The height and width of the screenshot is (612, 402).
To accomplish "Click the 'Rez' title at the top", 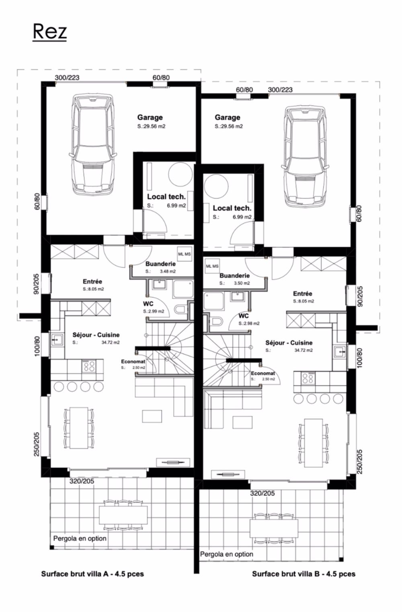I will tap(49, 31).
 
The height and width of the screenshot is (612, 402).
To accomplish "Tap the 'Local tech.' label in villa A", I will tap(166, 197).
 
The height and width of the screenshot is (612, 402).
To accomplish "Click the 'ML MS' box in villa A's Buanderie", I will tap(184, 254).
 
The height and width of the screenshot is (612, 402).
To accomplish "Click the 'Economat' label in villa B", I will tap(263, 373).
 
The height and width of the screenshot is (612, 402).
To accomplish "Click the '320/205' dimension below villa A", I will tap(82, 481).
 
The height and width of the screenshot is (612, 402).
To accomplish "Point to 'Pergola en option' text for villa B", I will tap(227, 554).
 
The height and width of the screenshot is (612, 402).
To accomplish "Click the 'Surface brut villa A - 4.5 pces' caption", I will tap(92, 574).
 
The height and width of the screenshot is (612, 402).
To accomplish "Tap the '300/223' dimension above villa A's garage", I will tap(67, 78).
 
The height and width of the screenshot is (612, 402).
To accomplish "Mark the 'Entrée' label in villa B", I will tap(302, 294).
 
